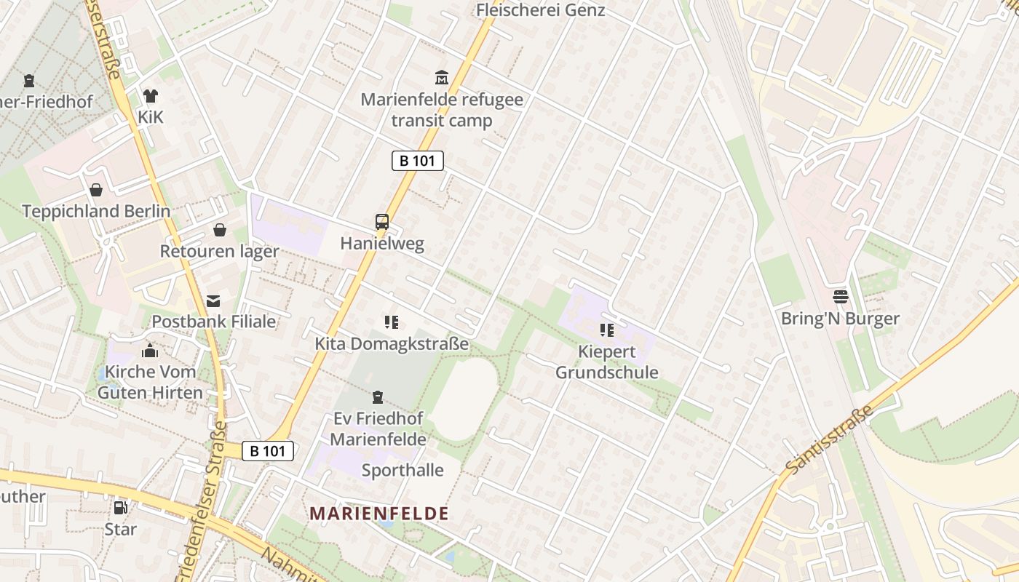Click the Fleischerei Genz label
[x=540, y=10]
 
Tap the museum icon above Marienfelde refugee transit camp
[x=441, y=77]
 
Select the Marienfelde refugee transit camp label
[x=442, y=110]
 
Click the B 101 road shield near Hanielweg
[x=418, y=161]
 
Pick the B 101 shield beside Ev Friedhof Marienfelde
[x=268, y=451]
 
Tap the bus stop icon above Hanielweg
[x=382, y=222]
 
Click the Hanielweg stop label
[x=382, y=244]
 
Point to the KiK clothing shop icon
[x=151, y=95]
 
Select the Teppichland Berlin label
[x=96, y=212]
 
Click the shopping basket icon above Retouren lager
[x=220, y=230]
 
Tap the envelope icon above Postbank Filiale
[x=213, y=300]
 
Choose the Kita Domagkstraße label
[x=392, y=343]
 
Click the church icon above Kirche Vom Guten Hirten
[x=150, y=351]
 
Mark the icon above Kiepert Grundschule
[x=607, y=330]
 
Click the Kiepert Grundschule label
[x=607, y=362]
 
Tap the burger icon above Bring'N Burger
[x=841, y=297]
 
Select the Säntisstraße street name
[x=829, y=440]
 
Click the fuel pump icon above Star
[x=120, y=508]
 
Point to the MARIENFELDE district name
[x=379, y=514]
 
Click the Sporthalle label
[x=403, y=470]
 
